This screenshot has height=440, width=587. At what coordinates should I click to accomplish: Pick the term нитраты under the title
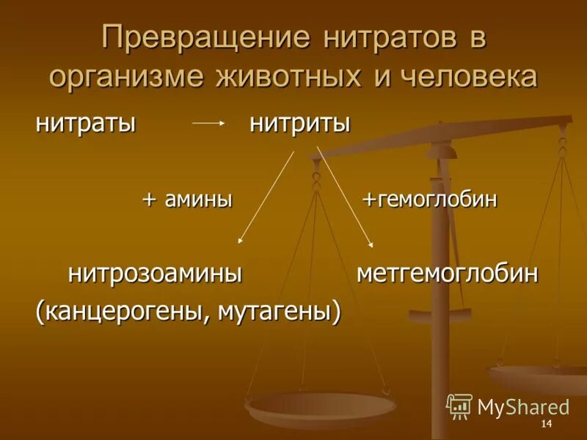point(87,123)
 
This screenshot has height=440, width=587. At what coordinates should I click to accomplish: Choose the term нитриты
point(299,123)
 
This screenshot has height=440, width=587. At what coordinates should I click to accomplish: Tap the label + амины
point(187,199)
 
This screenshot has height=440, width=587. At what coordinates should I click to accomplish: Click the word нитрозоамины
point(156,274)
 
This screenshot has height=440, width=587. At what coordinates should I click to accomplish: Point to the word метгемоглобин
point(448,274)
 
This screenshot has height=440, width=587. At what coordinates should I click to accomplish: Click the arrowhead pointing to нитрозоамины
point(241,239)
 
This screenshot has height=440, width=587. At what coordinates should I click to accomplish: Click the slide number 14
point(545,426)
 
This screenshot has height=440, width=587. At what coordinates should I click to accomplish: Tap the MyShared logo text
point(523,406)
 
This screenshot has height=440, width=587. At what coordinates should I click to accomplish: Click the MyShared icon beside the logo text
point(459,405)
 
